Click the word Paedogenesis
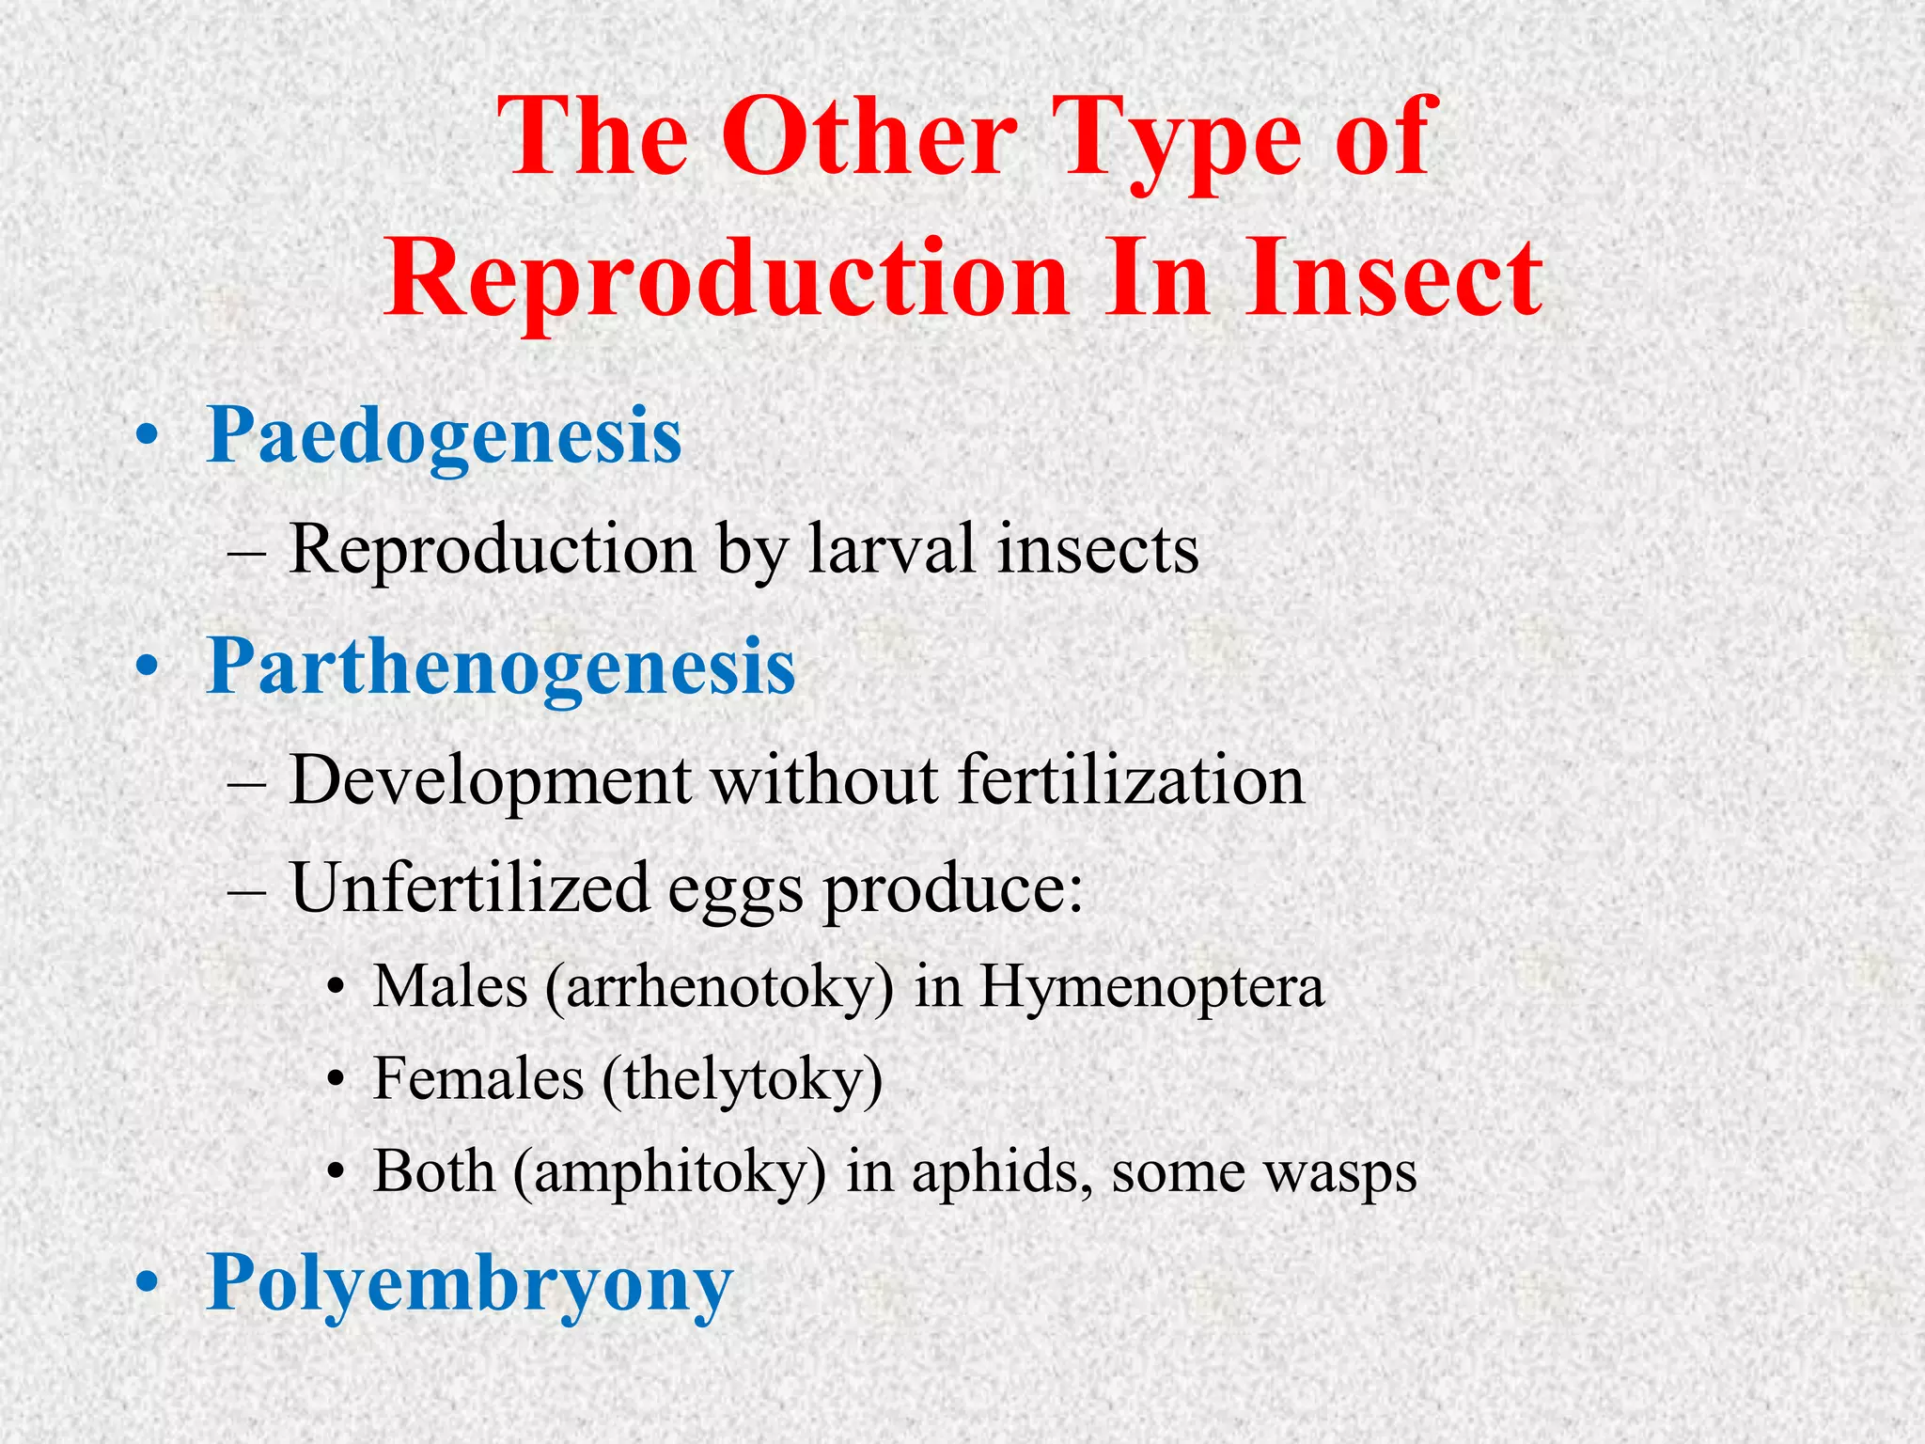(444, 435)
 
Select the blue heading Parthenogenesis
(501, 667)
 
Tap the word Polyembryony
(469, 1282)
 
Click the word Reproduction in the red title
(728, 278)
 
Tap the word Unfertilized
(470, 888)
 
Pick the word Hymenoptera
(1151, 987)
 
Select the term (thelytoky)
(743, 1079)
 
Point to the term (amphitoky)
(670, 1172)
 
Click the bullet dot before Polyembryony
(148, 1282)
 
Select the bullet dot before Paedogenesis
(148, 436)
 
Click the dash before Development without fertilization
(246, 782)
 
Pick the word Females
(478, 1079)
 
